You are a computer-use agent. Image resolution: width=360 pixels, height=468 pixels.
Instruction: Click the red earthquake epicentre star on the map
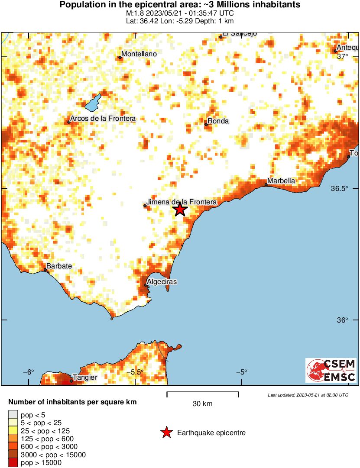pos(180,210)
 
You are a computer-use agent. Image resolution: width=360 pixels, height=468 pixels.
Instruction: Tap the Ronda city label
pos(218,121)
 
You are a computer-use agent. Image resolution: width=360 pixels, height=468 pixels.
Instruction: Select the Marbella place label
pos(281,181)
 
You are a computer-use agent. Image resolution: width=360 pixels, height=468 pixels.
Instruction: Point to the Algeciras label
pos(162,282)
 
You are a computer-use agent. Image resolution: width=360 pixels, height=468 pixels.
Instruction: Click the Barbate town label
pos(59,266)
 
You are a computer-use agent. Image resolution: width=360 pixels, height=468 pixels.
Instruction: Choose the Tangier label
pos(85,378)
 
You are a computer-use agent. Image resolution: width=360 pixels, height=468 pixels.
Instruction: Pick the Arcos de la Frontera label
pos(103,119)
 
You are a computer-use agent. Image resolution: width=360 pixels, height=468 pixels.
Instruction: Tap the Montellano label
pos(139,54)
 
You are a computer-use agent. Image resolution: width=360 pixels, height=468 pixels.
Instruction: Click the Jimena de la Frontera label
pos(182,202)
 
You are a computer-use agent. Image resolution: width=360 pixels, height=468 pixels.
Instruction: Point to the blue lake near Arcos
pos(93,103)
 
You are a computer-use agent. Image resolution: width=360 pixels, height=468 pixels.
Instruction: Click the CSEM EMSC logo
pos(331,370)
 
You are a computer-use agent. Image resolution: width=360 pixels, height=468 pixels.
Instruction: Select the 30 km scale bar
pos(202,393)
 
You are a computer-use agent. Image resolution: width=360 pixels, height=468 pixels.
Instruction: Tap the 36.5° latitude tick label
pos(340,189)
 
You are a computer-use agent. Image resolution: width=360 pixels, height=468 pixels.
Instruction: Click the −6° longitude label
pos(28,372)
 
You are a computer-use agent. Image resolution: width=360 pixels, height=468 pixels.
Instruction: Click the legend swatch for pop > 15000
pos(13,463)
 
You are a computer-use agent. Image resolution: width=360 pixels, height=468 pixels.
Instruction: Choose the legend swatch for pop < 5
pos(13,415)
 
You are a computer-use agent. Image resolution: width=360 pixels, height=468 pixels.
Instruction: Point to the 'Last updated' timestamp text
pos(308,395)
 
